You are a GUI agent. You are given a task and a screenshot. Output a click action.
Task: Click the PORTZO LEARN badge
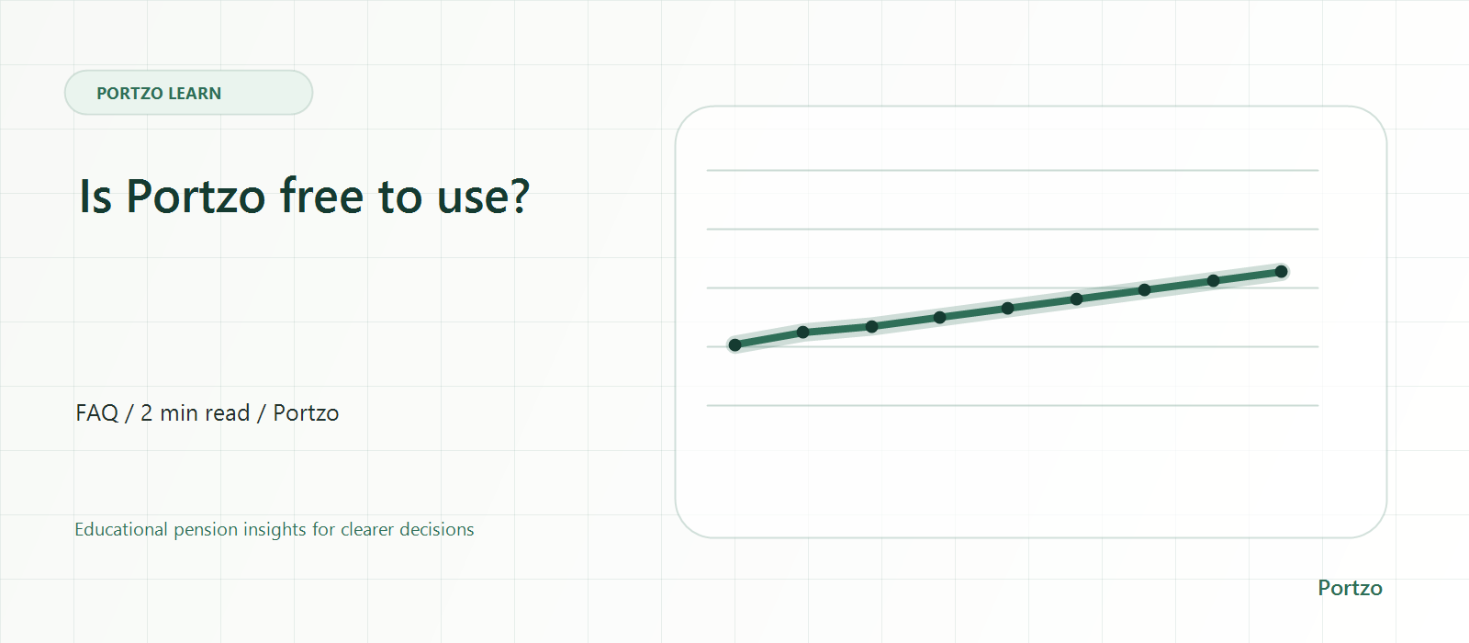click(x=188, y=93)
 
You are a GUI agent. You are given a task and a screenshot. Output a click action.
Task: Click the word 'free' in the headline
click(x=321, y=196)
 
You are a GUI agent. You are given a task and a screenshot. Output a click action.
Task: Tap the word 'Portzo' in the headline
click(x=196, y=196)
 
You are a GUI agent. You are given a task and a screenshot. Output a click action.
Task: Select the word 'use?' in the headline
click(x=483, y=197)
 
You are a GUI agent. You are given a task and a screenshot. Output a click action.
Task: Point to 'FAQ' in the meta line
click(x=97, y=413)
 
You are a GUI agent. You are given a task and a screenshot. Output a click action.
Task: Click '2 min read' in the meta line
click(x=196, y=413)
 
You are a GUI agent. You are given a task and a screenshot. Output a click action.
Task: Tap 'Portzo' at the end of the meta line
click(x=306, y=413)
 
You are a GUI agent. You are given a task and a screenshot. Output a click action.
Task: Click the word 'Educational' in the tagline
click(x=121, y=529)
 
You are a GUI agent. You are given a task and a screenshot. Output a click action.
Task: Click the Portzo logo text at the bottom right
click(x=1350, y=588)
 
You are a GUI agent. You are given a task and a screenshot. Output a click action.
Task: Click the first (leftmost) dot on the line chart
click(x=735, y=345)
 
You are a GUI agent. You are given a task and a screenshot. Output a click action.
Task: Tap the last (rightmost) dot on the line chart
click(x=1282, y=272)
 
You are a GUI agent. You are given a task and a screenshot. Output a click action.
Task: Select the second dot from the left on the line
click(x=802, y=332)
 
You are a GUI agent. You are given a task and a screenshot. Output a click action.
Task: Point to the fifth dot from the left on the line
click(x=1008, y=309)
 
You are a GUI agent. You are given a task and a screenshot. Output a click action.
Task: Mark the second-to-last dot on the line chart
click(x=1213, y=281)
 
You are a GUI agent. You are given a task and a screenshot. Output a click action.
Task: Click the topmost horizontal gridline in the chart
click(x=1013, y=171)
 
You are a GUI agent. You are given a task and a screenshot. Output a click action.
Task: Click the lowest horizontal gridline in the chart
click(x=1013, y=405)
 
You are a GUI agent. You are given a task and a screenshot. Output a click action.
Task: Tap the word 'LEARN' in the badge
click(x=195, y=93)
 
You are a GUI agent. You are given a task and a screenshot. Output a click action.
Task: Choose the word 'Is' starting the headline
click(x=95, y=196)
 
